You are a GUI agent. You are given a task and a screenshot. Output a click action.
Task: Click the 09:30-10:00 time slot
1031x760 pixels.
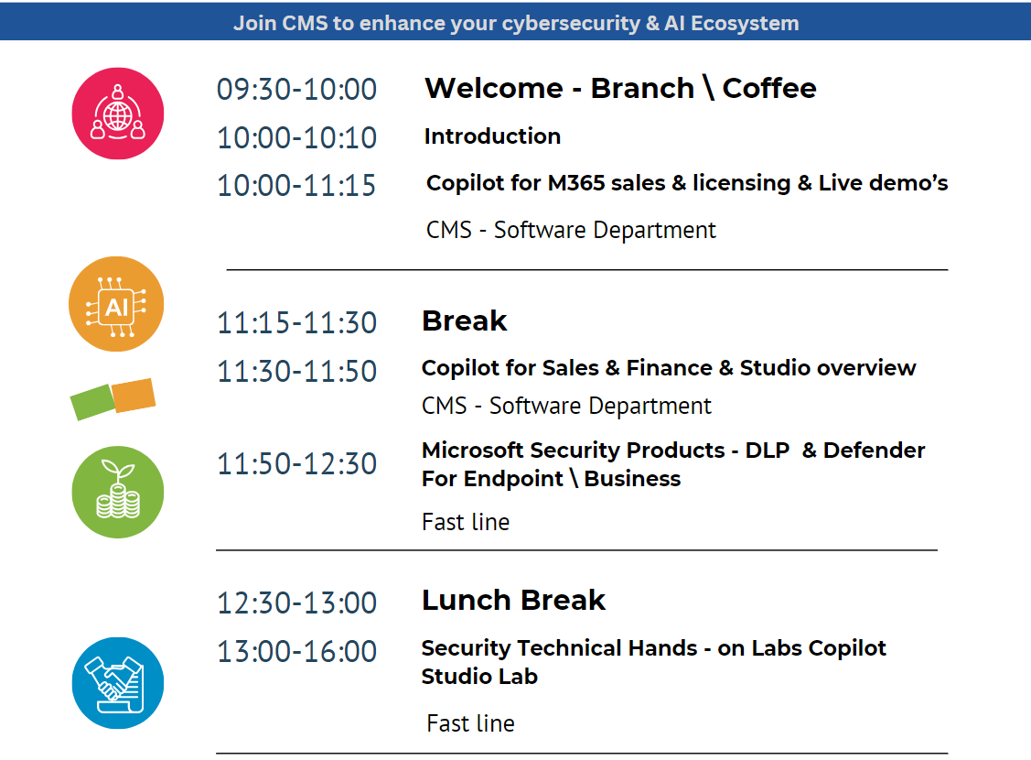pos(296,90)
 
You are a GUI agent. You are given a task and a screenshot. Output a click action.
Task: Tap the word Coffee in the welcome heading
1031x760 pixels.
pos(769,88)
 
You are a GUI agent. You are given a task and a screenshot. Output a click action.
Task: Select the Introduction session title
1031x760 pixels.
pos(492,136)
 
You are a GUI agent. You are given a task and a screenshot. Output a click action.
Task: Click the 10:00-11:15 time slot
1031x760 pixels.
pos(296,186)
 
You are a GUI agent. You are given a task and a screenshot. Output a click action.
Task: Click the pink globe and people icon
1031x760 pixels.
pos(118,114)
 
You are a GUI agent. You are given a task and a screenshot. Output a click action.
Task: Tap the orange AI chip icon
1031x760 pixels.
pos(116,304)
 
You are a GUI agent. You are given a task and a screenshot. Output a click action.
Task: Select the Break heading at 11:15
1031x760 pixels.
pos(464,321)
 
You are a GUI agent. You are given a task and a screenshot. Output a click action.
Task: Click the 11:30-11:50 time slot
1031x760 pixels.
pos(296,372)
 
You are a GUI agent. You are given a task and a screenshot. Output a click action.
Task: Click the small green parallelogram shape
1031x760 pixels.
pos(91,402)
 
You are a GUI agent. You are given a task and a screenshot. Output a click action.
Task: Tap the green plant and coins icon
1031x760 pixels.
pos(118,492)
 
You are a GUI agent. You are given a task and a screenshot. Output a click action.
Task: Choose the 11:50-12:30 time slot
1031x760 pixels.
pos(296,464)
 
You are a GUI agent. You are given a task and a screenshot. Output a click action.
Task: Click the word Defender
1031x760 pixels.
pos(874,451)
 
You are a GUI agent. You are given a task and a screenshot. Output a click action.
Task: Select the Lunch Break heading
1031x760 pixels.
pos(513,601)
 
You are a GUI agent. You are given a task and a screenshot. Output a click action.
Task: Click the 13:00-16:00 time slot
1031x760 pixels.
pos(296,652)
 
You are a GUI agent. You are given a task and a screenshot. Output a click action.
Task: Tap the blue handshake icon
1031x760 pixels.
pos(118,683)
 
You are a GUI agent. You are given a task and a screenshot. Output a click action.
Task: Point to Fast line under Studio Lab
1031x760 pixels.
pos(470,723)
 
